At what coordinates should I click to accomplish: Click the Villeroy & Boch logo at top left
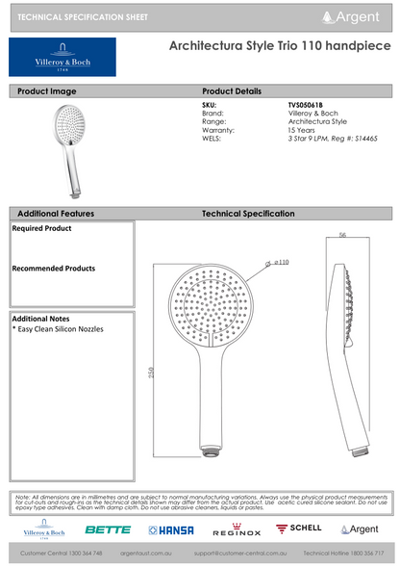pos(62,57)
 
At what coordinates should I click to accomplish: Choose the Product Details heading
pos(232,90)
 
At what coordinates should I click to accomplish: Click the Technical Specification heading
pos(248,213)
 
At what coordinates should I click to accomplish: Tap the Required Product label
pos(41,229)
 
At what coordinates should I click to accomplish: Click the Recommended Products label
pos(53,269)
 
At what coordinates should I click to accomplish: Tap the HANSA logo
pos(171,529)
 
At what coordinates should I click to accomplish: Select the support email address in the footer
pos(240,554)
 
